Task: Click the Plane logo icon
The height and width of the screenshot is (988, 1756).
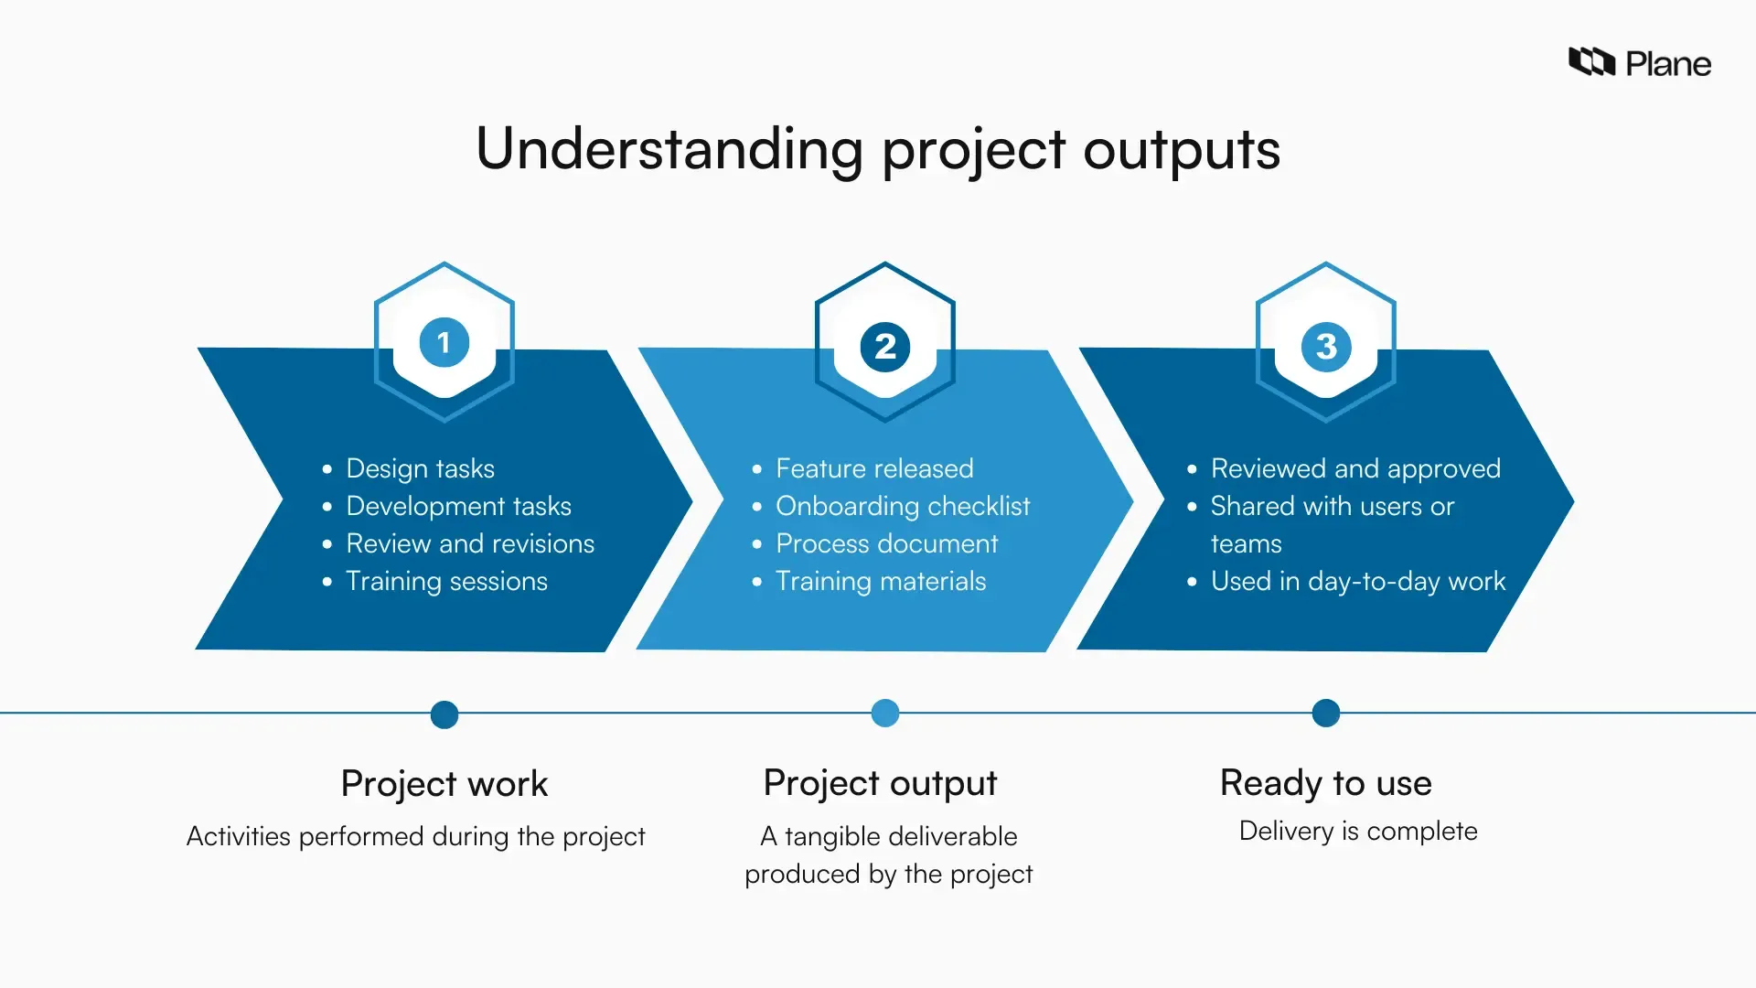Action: click(x=1591, y=62)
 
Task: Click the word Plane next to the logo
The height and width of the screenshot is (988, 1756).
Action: click(x=1668, y=64)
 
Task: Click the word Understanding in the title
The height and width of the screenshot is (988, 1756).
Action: click(x=669, y=148)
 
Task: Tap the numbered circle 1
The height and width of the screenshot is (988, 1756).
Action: click(x=444, y=343)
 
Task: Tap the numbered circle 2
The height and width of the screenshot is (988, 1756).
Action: click(x=885, y=347)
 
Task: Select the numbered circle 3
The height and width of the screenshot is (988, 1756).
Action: click(x=1326, y=347)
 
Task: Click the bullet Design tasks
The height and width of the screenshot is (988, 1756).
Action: click(x=420, y=468)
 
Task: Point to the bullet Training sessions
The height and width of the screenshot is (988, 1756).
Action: click(x=446, y=581)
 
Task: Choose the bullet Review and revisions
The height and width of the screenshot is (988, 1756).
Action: click(x=470, y=543)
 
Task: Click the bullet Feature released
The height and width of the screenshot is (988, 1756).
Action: click(x=874, y=468)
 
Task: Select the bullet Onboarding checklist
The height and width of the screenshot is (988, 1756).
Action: click(x=903, y=506)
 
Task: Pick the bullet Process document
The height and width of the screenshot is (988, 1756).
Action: click(x=886, y=543)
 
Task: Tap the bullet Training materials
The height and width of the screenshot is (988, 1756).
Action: click(x=881, y=581)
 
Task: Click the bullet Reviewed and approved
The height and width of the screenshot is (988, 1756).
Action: click(x=1355, y=468)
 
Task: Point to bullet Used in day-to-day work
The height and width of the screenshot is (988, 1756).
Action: click(x=1358, y=581)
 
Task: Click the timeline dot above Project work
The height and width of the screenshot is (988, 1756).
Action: click(x=444, y=714)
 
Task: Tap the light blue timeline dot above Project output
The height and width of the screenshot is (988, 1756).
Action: click(x=885, y=713)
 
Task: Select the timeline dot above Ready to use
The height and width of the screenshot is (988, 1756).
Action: click(x=1326, y=713)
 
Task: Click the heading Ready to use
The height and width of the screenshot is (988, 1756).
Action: click(x=1326, y=783)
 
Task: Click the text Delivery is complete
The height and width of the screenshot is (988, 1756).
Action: click(x=1358, y=831)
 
